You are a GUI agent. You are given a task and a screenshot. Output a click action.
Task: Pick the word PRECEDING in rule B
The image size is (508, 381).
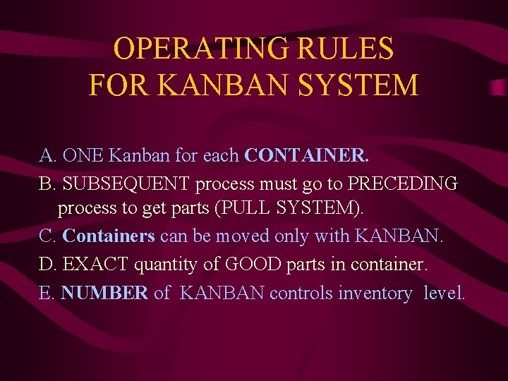click(x=403, y=183)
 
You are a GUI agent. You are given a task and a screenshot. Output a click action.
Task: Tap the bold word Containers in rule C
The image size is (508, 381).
click(x=109, y=236)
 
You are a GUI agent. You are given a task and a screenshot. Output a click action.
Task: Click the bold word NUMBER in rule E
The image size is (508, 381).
click(x=104, y=293)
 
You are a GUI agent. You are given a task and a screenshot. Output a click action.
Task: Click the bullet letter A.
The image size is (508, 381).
click(x=47, y=156)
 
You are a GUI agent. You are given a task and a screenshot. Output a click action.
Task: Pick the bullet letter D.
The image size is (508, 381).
click(x=47, y=265)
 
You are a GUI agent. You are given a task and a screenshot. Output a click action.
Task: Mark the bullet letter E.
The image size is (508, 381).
click(x=46, y=293)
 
